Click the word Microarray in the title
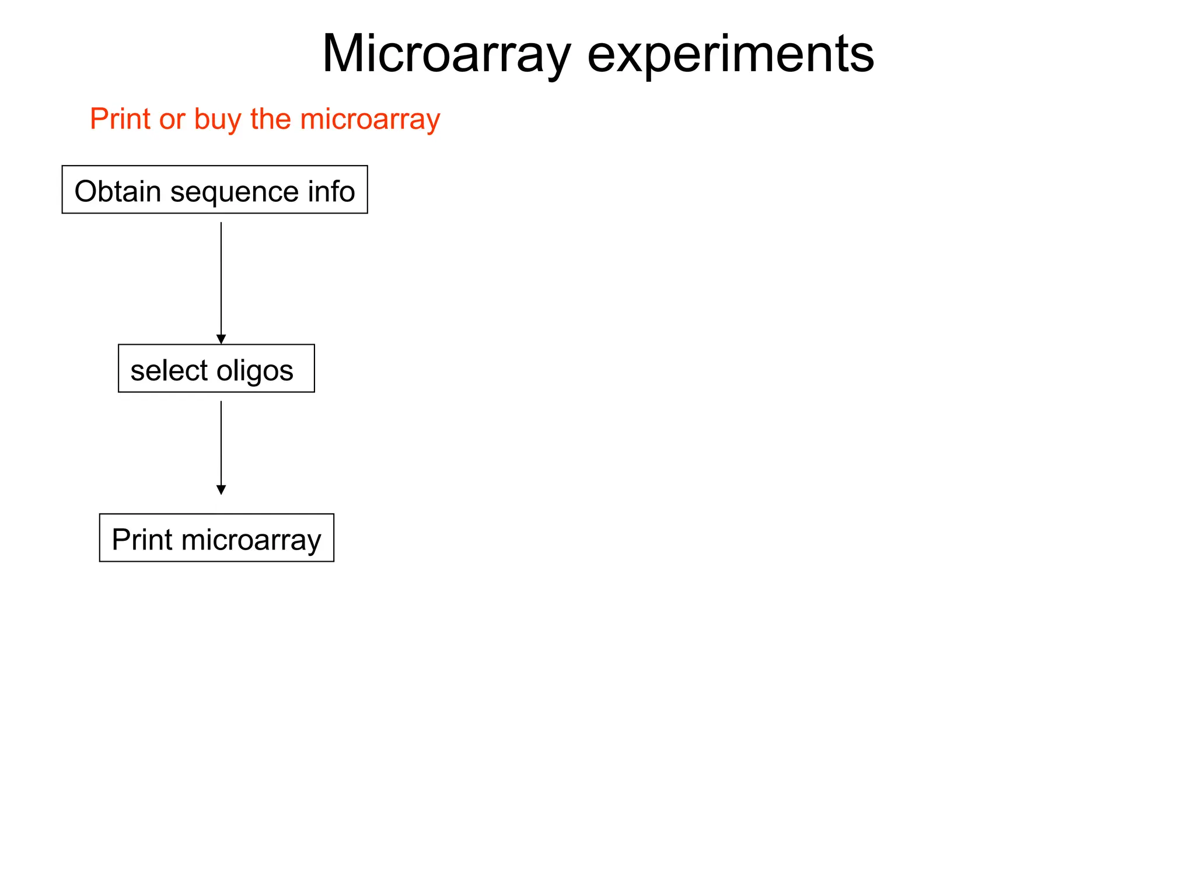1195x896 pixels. click(446, 54)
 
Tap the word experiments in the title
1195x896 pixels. click(730, 54)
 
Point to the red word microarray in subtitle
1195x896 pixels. click(370, 120)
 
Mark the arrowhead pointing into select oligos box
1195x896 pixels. click(221, 339)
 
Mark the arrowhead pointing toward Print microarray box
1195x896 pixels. click(221, 489)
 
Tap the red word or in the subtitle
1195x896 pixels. click(172, 120)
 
